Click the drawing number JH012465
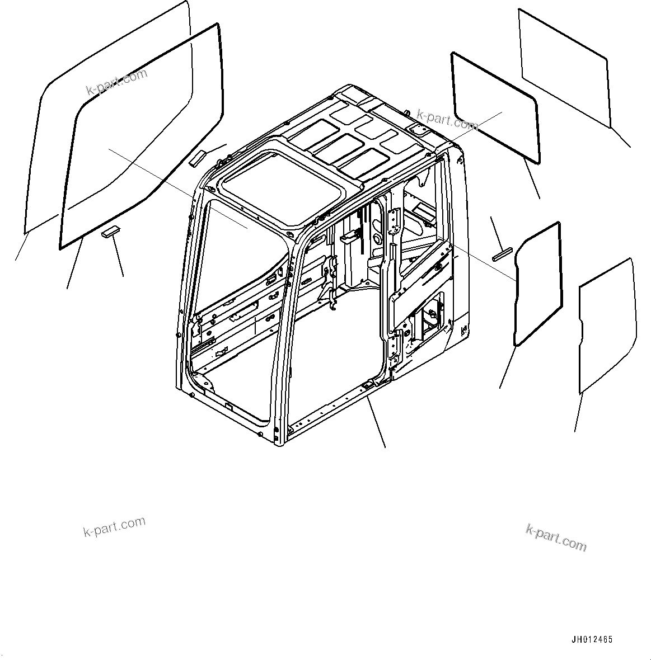(x=592, y=639)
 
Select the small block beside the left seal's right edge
(x=197, y=158)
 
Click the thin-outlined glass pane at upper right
(x=563, y=67)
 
